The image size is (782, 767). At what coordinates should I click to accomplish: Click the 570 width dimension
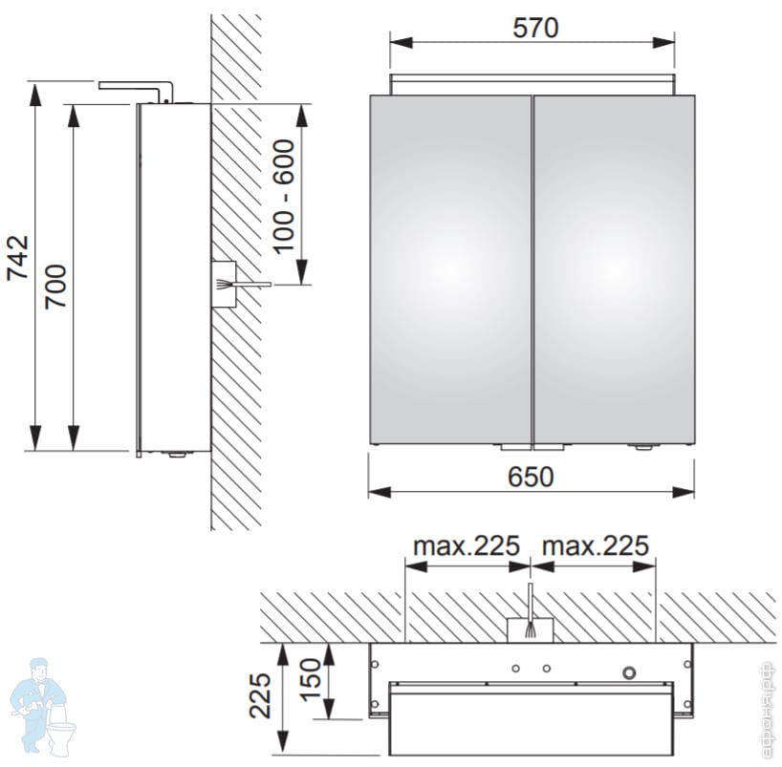535,28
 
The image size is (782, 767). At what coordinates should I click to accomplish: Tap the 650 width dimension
531,477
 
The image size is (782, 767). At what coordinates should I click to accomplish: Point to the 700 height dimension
55,288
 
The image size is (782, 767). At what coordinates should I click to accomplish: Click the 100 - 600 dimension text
284,197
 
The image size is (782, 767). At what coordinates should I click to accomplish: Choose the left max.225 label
467,545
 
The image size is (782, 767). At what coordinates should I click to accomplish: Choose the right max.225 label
596,545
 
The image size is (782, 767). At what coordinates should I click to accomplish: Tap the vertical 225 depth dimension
261,695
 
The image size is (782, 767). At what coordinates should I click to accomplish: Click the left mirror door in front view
450,269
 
